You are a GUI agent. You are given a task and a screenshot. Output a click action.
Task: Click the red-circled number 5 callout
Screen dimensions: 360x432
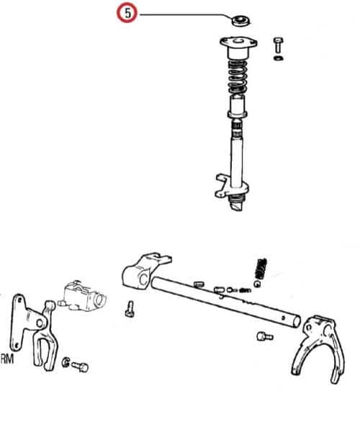[x=127, y=13]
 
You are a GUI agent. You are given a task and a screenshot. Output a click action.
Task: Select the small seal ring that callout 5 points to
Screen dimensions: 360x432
[x=240, y=21]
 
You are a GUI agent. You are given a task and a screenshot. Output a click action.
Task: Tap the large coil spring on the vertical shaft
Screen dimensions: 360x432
[x=237, y=78]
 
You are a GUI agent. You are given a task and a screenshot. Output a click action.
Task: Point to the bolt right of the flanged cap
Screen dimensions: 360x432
[x=278, y=45]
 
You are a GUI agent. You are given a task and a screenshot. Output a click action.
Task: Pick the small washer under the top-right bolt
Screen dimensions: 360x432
[x=279, y=58]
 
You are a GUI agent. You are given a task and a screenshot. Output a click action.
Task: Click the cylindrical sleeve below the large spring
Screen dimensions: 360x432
[x=237, y=107]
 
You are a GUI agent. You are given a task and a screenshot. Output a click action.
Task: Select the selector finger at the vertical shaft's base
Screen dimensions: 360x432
[x=231, y=187]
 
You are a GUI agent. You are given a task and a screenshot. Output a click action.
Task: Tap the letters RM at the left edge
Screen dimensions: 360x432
[x=7, y=359]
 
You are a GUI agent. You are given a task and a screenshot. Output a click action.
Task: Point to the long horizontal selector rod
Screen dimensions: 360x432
[x=225, y=302]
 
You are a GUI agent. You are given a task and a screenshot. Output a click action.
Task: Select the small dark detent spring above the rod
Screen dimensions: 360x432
[x=261, y=269]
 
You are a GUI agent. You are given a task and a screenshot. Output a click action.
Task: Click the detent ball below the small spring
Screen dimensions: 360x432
[x=257, y=284]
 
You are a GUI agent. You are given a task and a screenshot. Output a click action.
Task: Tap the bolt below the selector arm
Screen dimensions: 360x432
[x=130, y=309]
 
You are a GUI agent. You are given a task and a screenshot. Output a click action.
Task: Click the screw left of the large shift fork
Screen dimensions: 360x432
[x=265, y=336]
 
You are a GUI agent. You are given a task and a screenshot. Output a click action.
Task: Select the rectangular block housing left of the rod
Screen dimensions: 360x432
[x=83, y=296]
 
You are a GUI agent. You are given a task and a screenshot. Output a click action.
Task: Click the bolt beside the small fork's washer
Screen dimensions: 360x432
[x=80, y=366]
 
